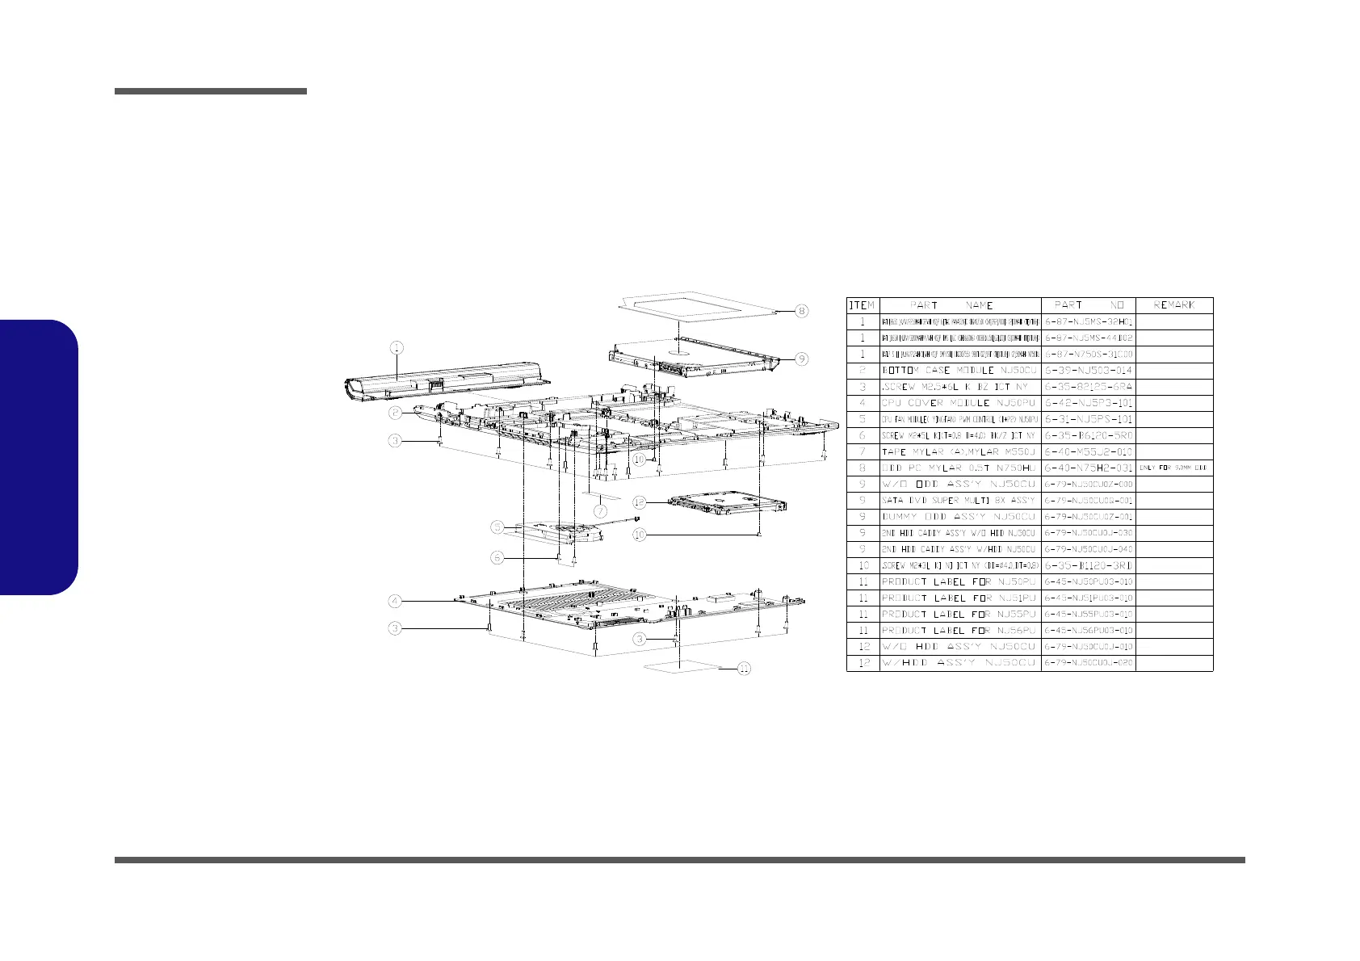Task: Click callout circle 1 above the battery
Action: (397, 348)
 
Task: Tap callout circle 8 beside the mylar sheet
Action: (800, 311)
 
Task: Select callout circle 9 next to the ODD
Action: (800, 359)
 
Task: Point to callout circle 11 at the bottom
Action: (744, 669)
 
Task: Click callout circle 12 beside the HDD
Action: (639, 501)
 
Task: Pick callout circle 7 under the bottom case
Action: (601, 511)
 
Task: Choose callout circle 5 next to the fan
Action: (498, 527)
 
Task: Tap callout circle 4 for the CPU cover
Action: (394, 601)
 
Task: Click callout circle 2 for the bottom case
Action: (394, 413)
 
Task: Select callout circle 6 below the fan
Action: (498, 557)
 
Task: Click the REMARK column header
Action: (1173, 305)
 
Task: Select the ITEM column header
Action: (862, 305)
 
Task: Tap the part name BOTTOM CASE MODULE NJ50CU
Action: (959, 371)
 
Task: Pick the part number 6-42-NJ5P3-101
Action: (1088, 403)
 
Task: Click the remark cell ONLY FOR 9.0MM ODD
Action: (1173, 468)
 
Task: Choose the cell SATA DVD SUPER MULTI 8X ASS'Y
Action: (959, 501)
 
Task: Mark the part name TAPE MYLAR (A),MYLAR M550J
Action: (959, 452)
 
